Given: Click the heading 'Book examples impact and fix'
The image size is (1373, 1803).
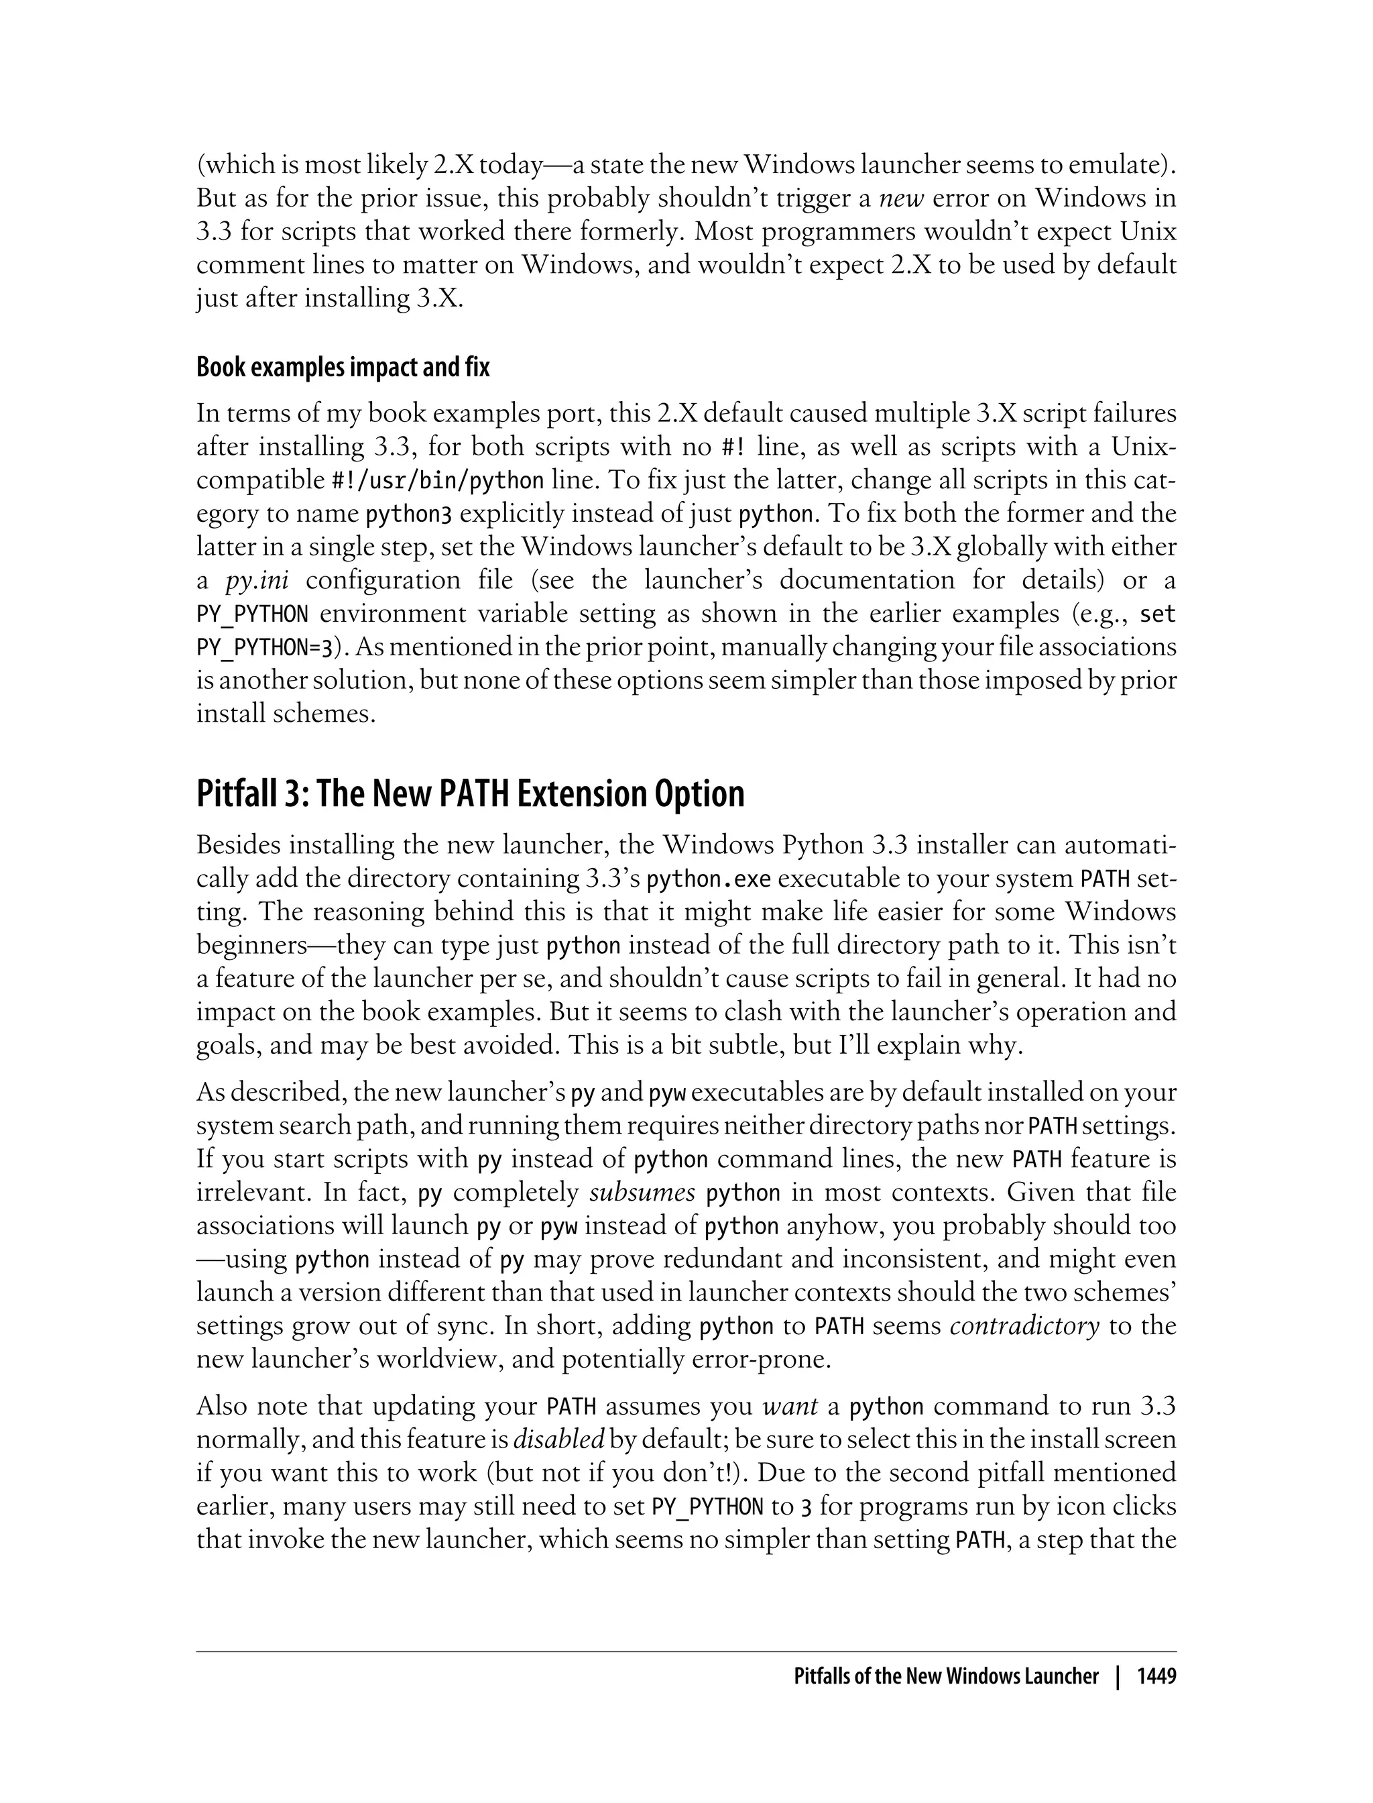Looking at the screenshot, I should pyautogui.click(x=343, y=368).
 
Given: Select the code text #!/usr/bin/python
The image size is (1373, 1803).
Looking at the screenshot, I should pyautogui.click(x=437, y=481).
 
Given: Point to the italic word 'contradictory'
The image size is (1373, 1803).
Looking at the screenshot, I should pyautogui.click(x=1025, y=1325).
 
